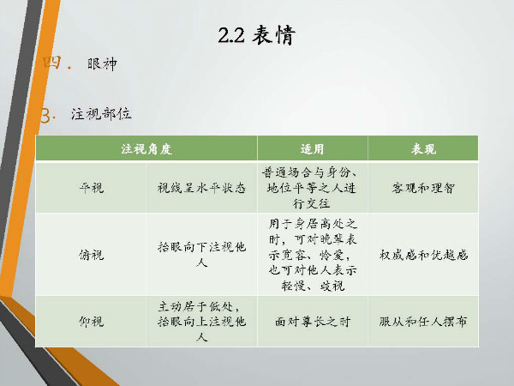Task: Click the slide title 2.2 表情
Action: (x=257, y=35)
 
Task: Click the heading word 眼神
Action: (x=102, y=63)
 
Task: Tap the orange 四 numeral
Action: (x=52, y=63)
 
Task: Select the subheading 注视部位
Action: (x=101, y=114)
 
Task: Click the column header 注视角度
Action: (x=146, y=149)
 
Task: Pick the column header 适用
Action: (x=312, y=149)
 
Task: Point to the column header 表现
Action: (x=423, y=149)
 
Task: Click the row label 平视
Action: (x=91, y=188)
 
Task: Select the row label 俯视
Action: (x=91, y=255)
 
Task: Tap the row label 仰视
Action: (x=91, y=322)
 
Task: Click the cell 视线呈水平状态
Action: (x=201, y=188)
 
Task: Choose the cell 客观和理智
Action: (x=423, y=188)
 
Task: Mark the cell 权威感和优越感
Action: (x=423, y=255)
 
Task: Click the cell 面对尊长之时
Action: (x=313, y=322)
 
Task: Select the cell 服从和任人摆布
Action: (x=423, y=322)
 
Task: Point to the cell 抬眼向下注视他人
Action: (x=201, y=255)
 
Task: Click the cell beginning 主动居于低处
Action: (x=201, y=322)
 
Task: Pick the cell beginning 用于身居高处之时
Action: (x=313, y=255)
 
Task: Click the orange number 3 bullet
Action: (x=46, y=116)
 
